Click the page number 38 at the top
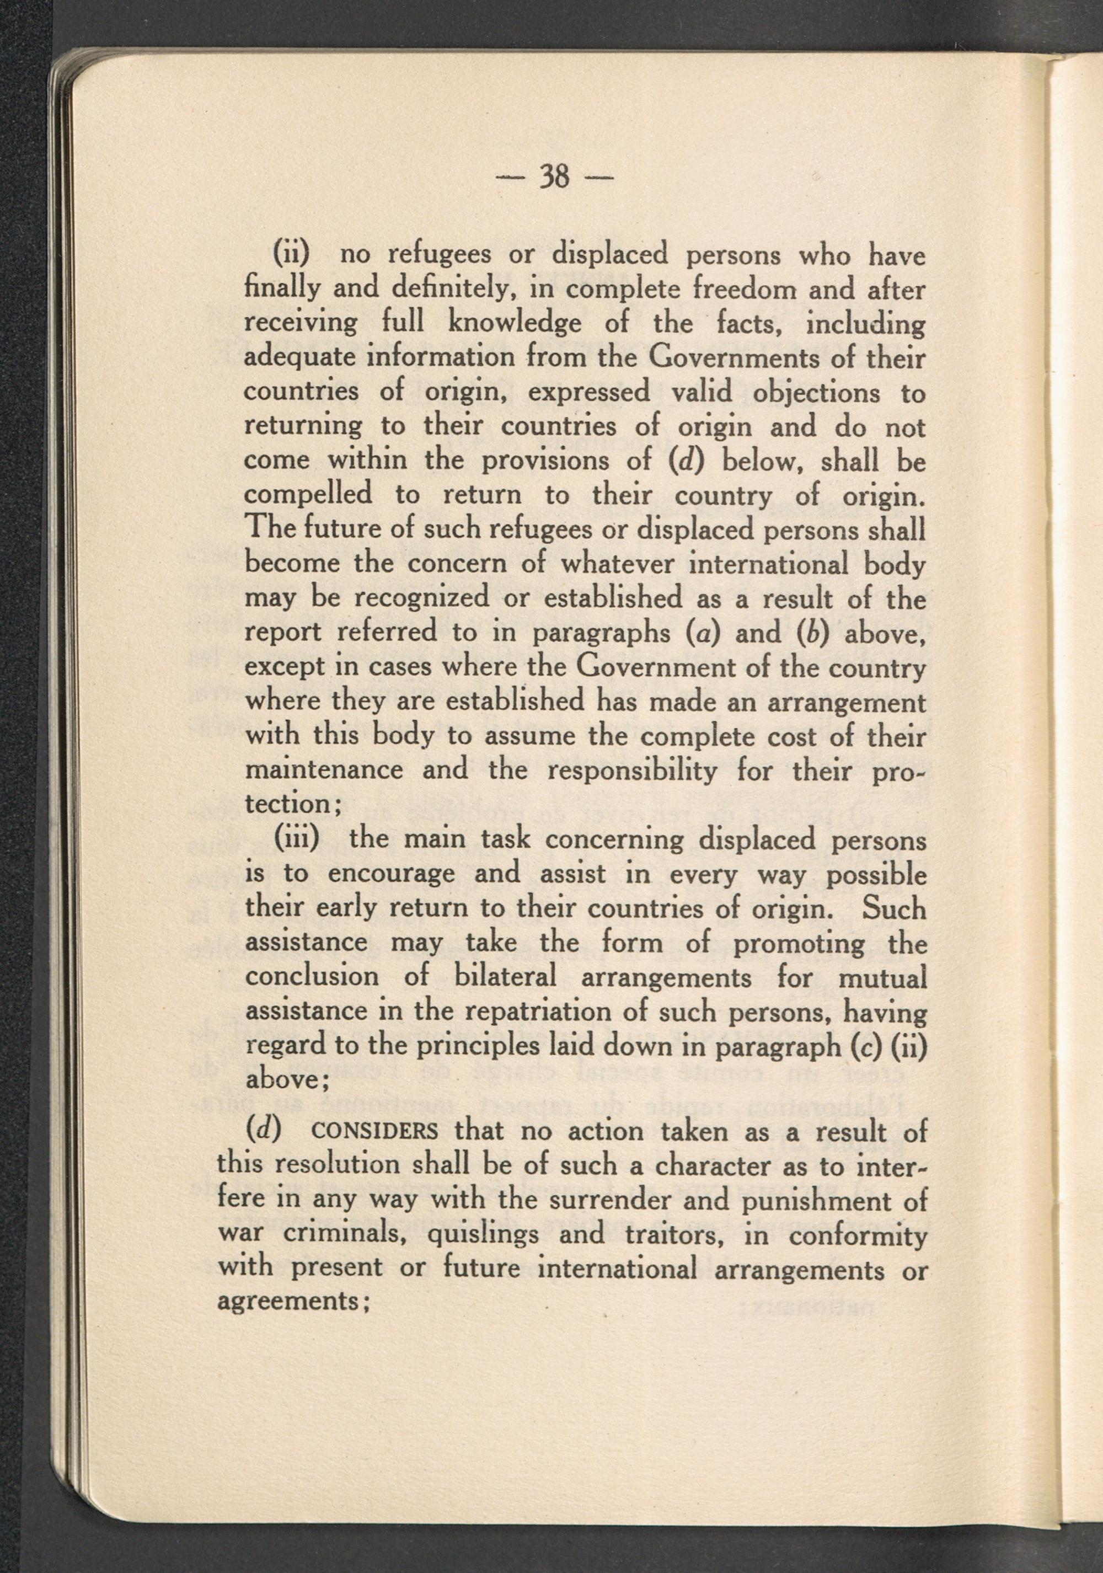554,178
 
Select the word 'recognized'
421,598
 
